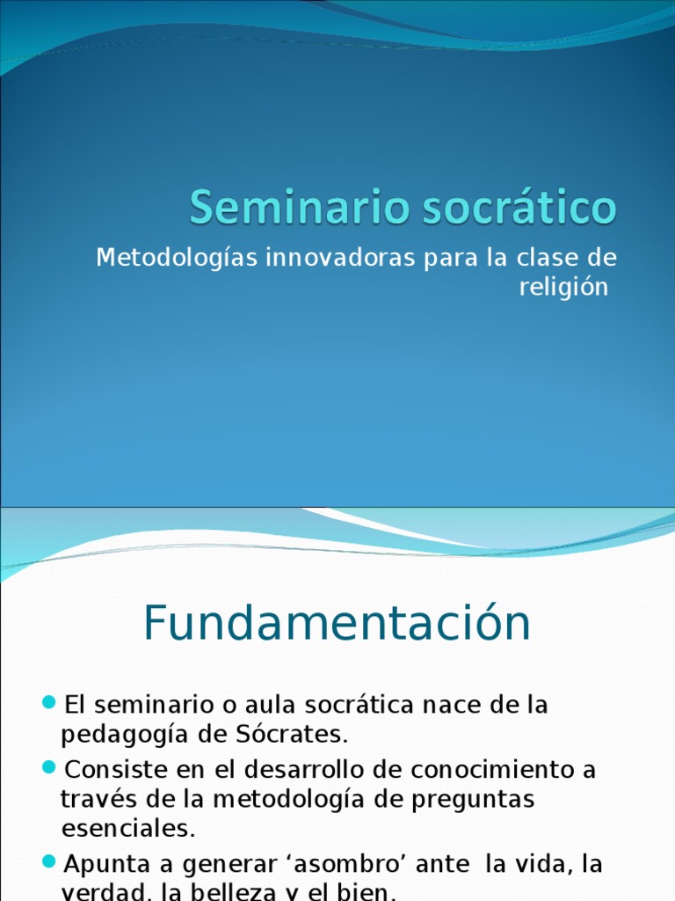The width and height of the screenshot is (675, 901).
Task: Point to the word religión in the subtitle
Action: [x=562, y=288]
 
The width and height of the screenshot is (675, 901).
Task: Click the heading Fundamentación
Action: [x=337, y=624]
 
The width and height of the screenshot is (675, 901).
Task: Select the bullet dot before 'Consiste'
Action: [x=49, y=767]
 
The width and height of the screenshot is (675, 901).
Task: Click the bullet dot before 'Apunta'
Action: [x=49, y=861]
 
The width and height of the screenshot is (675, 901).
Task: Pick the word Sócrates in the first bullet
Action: [x=298, y=734]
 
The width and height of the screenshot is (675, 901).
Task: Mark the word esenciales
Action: [x=127, y=829]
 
